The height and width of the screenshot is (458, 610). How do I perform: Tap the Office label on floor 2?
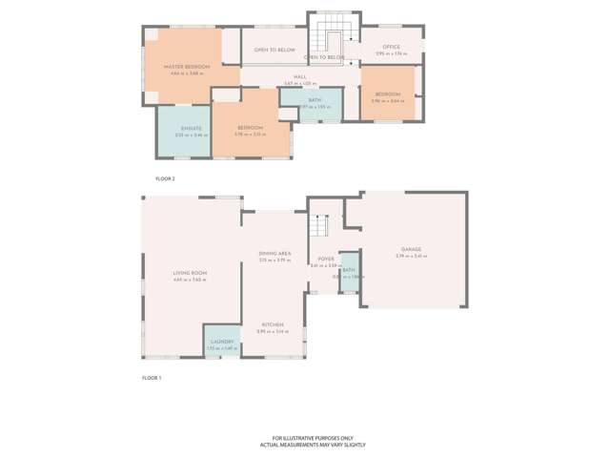(x=391, y=47)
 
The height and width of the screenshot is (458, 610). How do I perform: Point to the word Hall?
(x=299, y=76)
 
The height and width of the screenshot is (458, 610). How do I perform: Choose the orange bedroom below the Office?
(x=387, y=95)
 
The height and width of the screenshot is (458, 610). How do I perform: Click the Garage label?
(x=411, y=250)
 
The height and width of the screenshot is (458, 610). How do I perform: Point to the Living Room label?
(x=190, y=273)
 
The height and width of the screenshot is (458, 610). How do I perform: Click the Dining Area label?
(x=274, y=253)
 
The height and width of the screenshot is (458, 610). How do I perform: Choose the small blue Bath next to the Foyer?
(x=349, y=272)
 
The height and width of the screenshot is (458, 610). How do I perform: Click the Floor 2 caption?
(x=165, y=178)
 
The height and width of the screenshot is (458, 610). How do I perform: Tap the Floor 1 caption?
(x=152, y=378)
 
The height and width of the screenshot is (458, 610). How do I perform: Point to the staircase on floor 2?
(x=335, y=36)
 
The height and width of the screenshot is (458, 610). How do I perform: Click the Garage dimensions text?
(x=411, y=256)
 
